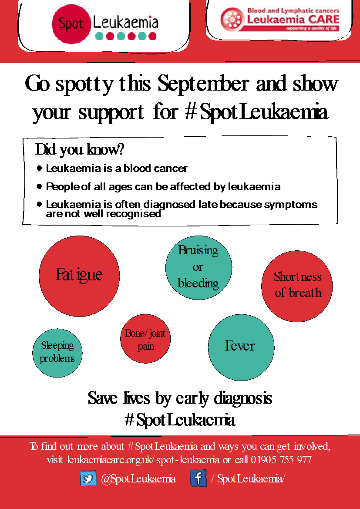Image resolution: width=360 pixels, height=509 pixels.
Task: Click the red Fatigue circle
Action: [79, 276]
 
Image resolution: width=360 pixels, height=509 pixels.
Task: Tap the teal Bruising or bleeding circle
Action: [199, 267]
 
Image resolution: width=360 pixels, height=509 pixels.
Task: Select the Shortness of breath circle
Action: [297, 286]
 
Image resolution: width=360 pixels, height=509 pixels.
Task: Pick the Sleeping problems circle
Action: [57, 352]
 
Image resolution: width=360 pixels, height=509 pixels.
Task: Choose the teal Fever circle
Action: [241, 347]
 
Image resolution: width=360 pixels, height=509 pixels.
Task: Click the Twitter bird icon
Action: [88, 479]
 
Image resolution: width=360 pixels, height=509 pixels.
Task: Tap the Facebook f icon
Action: [198, 478]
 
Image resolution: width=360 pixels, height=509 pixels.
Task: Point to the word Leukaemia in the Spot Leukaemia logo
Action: [126, 22]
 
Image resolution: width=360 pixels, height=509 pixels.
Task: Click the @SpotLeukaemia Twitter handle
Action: [138, 479]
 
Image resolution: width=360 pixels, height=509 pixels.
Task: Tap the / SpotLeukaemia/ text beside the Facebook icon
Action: [248, 479]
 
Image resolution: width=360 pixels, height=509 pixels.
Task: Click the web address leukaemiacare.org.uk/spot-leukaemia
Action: [143, 460]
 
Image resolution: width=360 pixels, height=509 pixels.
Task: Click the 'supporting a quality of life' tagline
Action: [312, 28]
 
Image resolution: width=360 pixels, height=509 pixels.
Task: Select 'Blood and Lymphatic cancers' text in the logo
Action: [293, 10]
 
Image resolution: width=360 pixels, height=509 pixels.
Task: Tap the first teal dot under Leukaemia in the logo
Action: [99, 36]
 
